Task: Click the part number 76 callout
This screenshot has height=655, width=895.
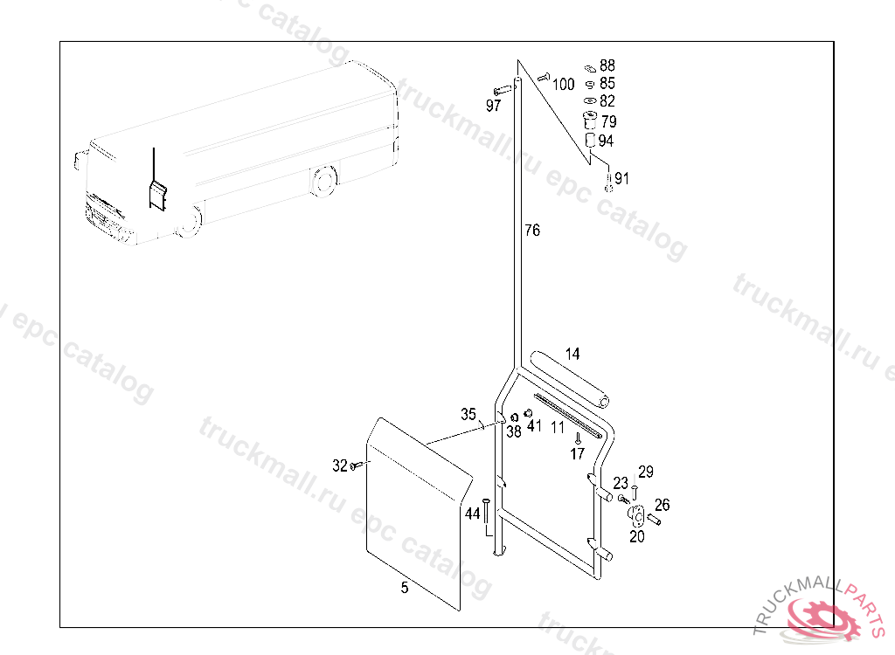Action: pyautogui.click(x=532, y=230)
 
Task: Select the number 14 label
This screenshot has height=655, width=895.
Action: pyautogui.click(x=572, y=355)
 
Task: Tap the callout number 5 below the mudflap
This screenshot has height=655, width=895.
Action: pyautogui.click(x=405, y=588)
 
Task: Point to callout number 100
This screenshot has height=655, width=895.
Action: pyautogui.click(x=563, y=85)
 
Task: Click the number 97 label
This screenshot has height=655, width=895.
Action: pyautogui.click(x=493, y=106)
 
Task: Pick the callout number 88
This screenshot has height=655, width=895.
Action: pyautogui.click(x=607, y=65)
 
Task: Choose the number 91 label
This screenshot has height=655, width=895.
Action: pyautogui.click(x=621, y=178)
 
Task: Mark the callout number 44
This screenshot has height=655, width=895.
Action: pyautogui.click(x=472, y=514)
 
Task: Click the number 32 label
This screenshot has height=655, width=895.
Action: pyautogui.click(x=340, y=466)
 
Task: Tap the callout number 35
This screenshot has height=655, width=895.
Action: pyautogui.click(x=468, y=414)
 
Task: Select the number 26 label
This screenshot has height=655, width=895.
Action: pyautogui.click(x=663, y=505)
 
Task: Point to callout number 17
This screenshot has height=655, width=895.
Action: pyautogui.click(x=577, y=454)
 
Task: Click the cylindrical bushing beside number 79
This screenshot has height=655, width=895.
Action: pyautogui.click(x=590, y=121)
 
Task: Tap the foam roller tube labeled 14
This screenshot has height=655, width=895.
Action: pyautogui.click(x=569, y=380)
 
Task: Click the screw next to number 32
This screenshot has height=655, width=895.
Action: pyautogui.click(x=356, y=466)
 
